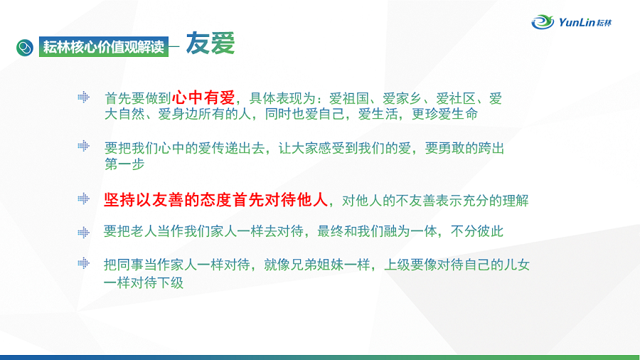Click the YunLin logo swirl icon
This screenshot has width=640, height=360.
point(543,21)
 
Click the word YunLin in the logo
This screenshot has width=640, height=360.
point(577,22)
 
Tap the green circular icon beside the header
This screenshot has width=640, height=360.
point(25,48)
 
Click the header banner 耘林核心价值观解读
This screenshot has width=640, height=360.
point(104,47)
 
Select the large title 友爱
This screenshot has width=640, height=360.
point(210,43)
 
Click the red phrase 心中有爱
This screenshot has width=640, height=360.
point(203,97)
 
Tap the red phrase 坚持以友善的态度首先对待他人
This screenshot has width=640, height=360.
point(216,200)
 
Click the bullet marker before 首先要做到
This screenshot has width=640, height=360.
point(84,97)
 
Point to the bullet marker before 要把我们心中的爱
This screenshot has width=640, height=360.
point(84,146)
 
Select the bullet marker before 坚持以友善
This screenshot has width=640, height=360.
point(84,198)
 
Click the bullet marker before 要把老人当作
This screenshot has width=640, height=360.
point(84,232)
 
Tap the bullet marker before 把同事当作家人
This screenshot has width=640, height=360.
point(84,263)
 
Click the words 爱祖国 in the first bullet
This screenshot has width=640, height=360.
point(349,98)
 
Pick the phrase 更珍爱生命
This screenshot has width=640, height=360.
point(444,114)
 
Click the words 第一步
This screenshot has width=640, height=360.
point(124,164)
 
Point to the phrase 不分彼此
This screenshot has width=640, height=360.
point(477,231)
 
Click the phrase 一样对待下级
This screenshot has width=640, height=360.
point(144,282)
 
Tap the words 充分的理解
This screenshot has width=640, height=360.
point(489,201)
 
